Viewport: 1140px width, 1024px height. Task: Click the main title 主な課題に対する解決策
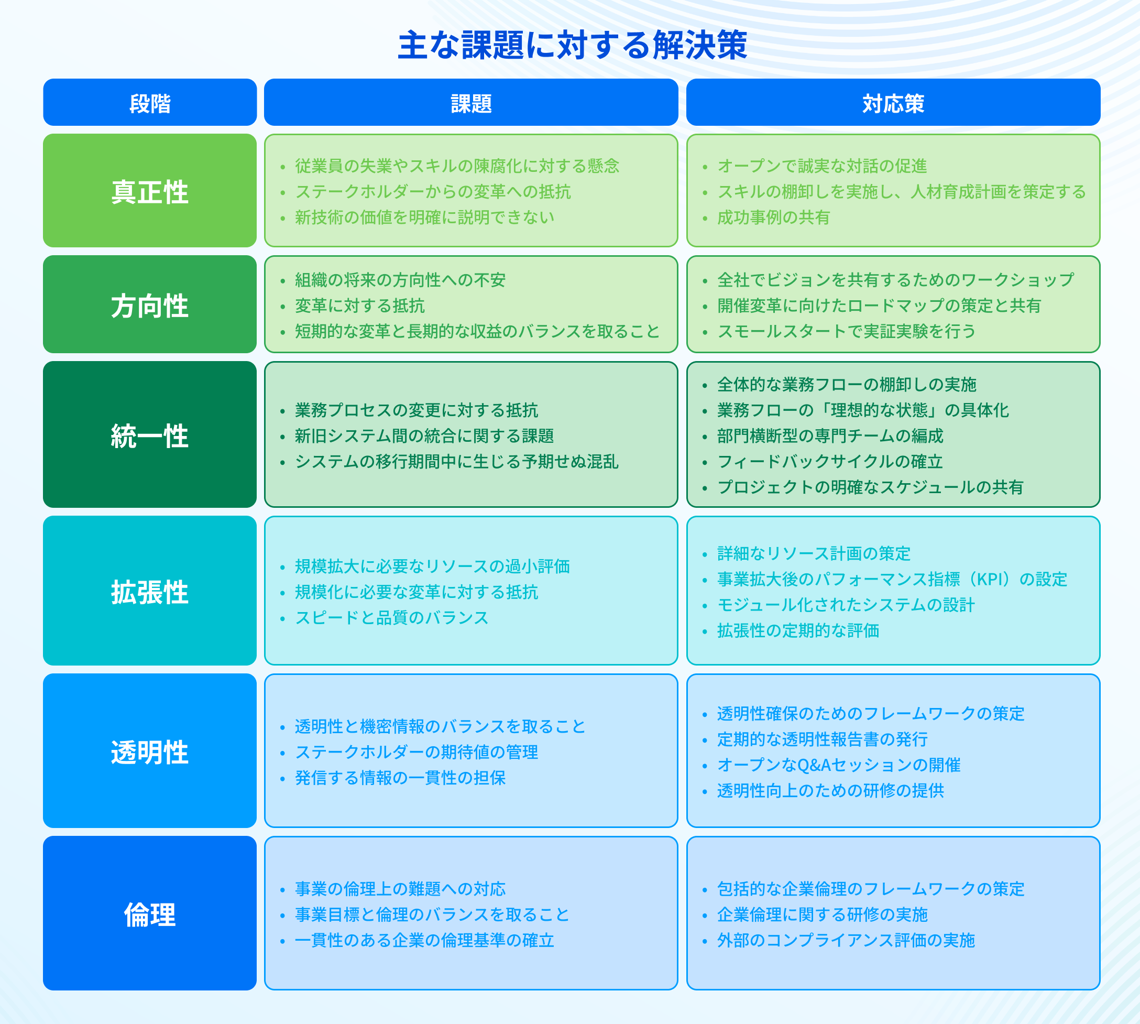[572, 45]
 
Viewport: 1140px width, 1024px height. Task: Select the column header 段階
[150, 104]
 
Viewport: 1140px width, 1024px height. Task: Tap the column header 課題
[472, 104]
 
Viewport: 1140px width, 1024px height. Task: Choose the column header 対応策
[893, 104]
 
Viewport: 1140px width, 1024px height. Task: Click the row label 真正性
[150, 192]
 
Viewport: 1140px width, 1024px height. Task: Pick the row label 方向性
[150, 306]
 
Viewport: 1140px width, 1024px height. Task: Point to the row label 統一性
[150, 436]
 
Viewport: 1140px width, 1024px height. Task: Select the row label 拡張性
[150, 592]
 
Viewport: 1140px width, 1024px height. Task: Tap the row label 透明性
[150, 752]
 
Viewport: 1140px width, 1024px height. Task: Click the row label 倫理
[150, 914]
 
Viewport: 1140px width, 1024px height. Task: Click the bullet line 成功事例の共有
[773, 217]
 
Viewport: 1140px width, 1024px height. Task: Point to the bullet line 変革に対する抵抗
[360, 306]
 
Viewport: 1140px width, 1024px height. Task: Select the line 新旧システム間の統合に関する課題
[424, 435]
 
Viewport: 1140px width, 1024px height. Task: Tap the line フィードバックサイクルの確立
[830, 461]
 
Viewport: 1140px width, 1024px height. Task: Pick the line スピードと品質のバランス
[392, 617]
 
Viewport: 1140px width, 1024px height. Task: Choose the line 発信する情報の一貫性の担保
[400, 778]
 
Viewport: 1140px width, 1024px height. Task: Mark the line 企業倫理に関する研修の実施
[822, 914]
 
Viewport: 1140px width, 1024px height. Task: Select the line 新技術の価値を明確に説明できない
[424, 217]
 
